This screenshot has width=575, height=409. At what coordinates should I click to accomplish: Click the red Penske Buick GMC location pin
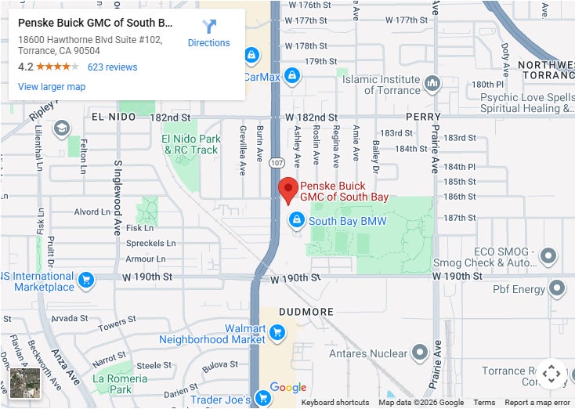288,189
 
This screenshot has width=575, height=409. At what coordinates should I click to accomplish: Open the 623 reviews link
112,67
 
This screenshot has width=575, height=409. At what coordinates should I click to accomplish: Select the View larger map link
52,87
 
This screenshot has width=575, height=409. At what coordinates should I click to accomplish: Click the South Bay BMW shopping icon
297,220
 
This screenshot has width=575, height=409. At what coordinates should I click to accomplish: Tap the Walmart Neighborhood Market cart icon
276,334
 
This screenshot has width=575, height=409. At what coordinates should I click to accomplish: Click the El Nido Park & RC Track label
191,144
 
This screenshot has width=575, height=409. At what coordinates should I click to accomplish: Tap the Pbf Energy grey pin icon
557,289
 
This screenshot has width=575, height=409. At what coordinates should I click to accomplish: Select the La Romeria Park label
121,383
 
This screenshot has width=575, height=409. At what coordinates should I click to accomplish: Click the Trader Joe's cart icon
262,399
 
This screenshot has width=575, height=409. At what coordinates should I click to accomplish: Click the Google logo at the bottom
287,388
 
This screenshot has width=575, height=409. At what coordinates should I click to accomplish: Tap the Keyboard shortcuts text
335,403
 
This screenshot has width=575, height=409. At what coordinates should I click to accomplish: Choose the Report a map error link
537,403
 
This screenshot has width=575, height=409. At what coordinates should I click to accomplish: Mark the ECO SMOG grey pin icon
548,256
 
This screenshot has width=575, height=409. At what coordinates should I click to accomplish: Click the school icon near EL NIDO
61,128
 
